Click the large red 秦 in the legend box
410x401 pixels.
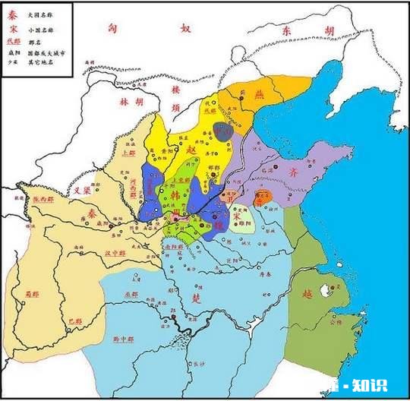11,14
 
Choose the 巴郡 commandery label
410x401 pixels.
75,322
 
